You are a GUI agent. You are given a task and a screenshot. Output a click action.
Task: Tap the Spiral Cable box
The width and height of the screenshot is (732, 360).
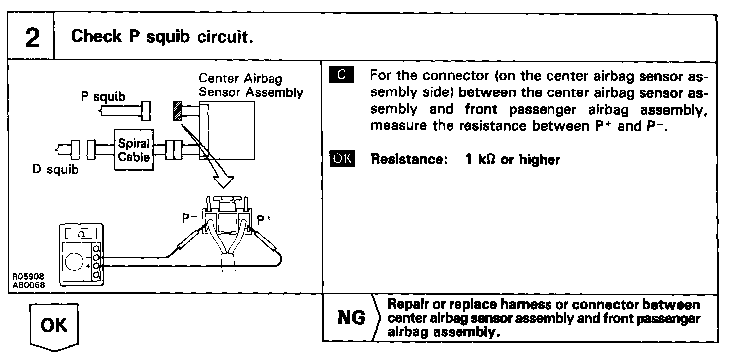134,150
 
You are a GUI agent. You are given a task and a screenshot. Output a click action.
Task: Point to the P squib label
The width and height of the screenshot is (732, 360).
103,96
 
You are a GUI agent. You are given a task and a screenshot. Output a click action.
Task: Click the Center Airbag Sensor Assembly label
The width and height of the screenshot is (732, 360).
251,86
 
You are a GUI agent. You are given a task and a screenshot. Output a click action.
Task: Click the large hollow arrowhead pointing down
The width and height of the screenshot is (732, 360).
224,179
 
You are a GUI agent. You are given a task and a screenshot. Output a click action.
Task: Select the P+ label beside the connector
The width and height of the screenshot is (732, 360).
264,219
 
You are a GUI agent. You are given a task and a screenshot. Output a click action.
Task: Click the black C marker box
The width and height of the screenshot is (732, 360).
341,76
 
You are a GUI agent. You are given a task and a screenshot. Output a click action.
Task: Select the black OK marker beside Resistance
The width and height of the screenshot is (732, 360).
342,159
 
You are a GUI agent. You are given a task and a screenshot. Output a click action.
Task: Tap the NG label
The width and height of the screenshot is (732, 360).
351,318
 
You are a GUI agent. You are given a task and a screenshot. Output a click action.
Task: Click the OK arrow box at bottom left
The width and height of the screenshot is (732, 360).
54,326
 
